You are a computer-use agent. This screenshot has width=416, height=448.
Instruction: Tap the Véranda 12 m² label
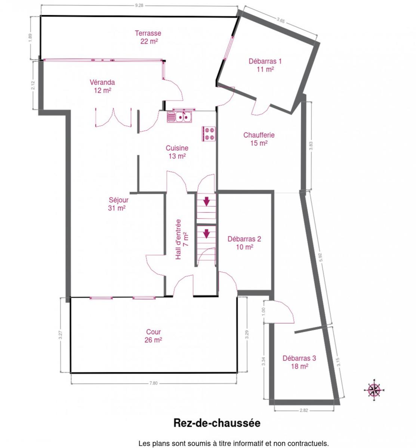coord(102,86)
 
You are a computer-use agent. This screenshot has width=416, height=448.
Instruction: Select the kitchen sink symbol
coord(179,117)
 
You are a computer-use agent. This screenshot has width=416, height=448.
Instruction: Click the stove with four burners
coord(209,134)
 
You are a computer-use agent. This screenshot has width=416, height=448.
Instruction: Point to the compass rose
coord(374,390)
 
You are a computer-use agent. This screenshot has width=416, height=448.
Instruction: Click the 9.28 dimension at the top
coord(139,6)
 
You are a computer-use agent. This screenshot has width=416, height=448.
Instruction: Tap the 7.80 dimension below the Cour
coord(153,383)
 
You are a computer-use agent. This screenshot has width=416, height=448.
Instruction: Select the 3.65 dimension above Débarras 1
coord(281,20)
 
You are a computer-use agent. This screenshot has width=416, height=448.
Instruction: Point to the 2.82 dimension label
coord(304,410)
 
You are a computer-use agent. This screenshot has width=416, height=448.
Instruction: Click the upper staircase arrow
coord(206,202)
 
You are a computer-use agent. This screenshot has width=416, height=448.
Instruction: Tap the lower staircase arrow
coord(206,234)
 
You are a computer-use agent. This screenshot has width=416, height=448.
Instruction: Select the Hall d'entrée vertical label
coord(182,239)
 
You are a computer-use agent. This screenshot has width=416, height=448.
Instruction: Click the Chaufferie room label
coord(259,139)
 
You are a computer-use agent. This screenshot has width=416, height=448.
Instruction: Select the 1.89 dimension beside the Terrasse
coord(31,37)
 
